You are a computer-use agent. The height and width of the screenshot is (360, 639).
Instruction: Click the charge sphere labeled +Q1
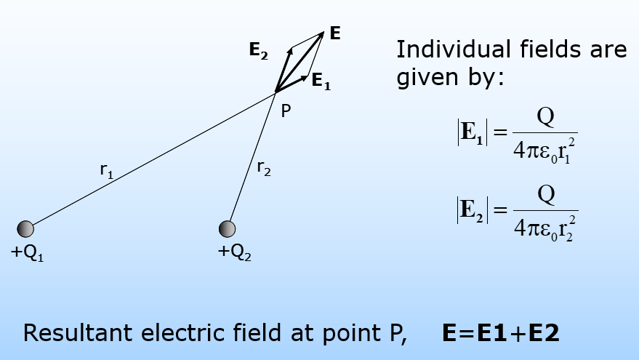pyautogui.click(x=25, y=228)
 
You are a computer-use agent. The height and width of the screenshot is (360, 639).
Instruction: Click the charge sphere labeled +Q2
pyautogui.click(x=228, y=228)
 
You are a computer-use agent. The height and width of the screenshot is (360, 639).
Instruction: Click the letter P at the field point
pyautogui.click(x=286, y=111)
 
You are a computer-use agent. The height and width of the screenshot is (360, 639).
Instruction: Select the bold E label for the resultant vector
pyautogui.click(x=335, y=33)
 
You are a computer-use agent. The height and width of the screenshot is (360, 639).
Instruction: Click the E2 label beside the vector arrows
pyautogui.click(x=259, y=50)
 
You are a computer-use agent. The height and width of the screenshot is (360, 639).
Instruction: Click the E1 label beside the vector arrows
pyautogui.click(x=321, y=81)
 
